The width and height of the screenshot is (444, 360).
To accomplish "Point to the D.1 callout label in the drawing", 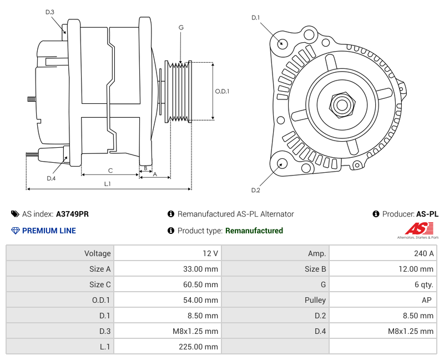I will (255, 18).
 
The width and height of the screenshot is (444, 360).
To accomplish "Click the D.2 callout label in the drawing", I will (255, 191).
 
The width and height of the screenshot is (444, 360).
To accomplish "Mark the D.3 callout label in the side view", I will (50, 12).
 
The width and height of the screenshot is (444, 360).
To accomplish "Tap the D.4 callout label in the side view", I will (51, 178).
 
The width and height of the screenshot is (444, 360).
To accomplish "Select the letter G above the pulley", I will (181, 27).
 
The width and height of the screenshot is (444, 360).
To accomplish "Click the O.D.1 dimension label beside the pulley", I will (222, 91).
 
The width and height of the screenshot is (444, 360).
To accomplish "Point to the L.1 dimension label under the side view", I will (108, 184).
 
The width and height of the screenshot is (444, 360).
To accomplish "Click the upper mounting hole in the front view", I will (281, 43).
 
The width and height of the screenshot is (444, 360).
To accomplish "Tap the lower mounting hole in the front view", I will (281, 163).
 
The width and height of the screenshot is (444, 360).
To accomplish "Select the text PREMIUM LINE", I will (48, 231).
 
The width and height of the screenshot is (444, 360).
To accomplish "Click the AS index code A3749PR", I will (72, 214).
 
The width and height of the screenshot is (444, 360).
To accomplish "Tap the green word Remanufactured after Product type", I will (254, 231).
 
